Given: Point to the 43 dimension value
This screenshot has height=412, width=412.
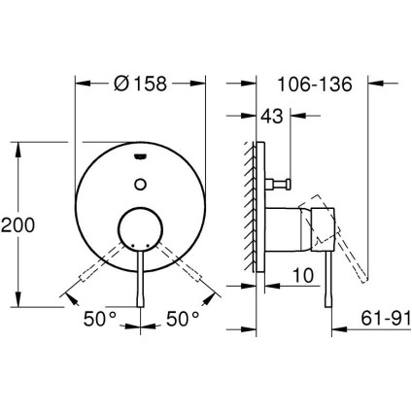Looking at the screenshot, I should pos(274,117).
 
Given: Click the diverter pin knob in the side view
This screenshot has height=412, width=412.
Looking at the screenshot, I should pos(288,182).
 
